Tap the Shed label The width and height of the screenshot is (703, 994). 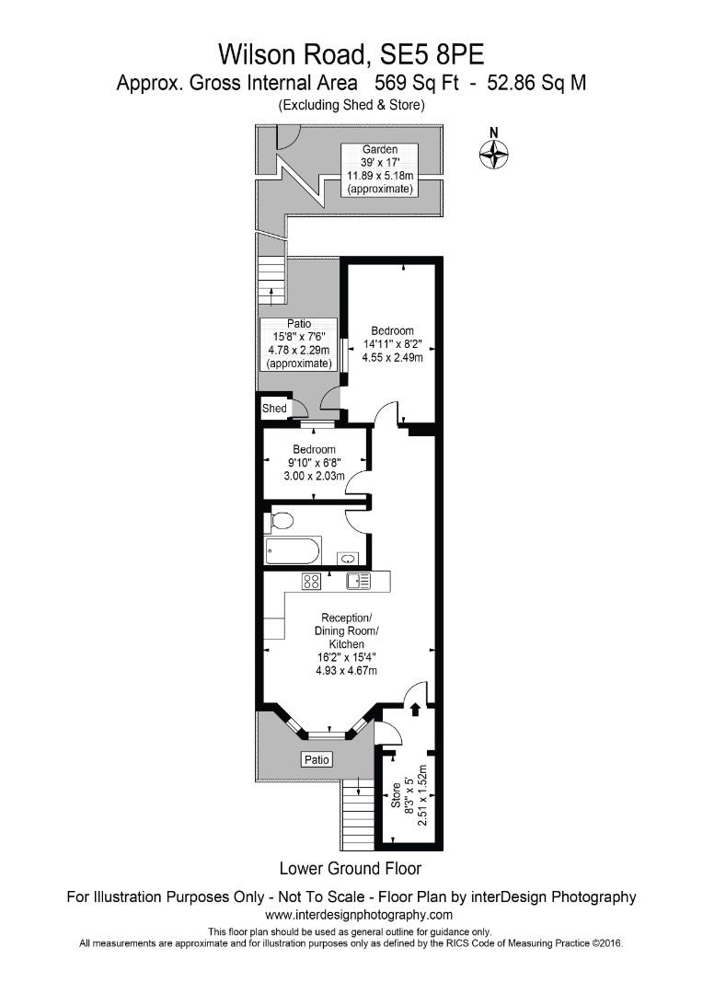274,408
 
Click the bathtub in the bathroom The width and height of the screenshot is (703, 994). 292,552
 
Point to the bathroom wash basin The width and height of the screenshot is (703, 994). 349,557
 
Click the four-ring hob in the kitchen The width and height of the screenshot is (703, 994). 312,581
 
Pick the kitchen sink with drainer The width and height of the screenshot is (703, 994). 358,581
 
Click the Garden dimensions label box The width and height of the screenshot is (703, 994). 380,169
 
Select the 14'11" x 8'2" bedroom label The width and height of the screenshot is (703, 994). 392,344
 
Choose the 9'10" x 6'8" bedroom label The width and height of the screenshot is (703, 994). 315,463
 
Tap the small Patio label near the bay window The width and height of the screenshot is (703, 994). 317,760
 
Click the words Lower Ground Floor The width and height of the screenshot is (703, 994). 350,868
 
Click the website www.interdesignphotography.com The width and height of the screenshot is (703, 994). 359,915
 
